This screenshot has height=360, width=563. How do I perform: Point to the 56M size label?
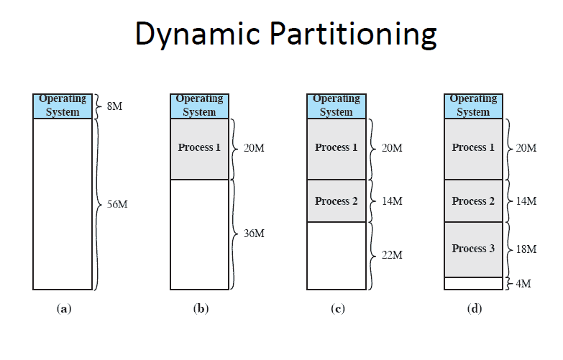pos(117,204)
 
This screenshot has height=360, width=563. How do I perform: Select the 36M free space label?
pos(254,234)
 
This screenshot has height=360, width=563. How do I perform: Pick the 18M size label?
pos(526,249)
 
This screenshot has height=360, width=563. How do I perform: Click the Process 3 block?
pos(473,249)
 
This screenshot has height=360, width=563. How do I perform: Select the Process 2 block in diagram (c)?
pos(336,201)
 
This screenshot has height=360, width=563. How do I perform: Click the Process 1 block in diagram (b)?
pos(199,149)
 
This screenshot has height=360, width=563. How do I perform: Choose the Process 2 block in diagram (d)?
pos(473,201)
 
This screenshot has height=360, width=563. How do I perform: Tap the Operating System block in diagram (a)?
pos(63,106)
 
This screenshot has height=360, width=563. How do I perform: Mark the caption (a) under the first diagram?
pos(63,309)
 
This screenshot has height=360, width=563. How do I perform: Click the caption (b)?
pos(200,309)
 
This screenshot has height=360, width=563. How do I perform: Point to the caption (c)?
pos(337,309)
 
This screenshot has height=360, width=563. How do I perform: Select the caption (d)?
pos(473,309)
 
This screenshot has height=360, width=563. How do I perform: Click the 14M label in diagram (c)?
pos(390,201)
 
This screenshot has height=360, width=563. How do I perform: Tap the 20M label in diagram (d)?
pos(526,149)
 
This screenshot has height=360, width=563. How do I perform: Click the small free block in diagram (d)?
pos(473,284)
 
